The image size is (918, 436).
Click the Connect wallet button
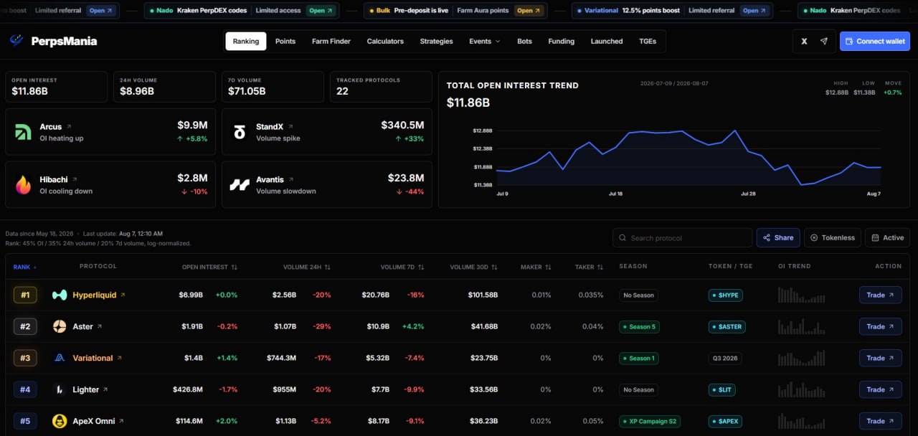[x=874, y=42]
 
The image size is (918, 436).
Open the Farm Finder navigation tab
[x=331, y=42]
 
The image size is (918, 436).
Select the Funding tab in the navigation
[x=561, y=42]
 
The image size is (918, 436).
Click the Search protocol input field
[x=682, y=237]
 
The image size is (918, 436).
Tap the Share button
[x=778, y=237]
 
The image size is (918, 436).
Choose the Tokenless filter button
[x=833, y=237]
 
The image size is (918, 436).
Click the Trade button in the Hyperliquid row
[x=880, y=295]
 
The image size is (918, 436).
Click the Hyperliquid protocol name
[x=94, y=295]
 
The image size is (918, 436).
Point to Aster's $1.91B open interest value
[x=192, y=326]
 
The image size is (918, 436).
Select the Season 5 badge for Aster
[x=639, y=326]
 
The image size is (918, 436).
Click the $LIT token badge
[x=721, y=389]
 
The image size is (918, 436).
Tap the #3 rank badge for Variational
[x=25, y=358]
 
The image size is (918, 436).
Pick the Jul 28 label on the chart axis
[x=748, y=194]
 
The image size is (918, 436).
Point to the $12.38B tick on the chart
[x=483, y=148]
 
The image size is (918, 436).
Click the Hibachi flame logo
[x=24, y=185]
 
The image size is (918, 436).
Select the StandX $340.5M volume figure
[x=402, y=125]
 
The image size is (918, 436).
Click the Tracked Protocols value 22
[x=342, y=91]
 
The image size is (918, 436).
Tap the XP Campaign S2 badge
[x=649, y=421]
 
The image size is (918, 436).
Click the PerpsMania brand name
[x=64, y=42]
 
